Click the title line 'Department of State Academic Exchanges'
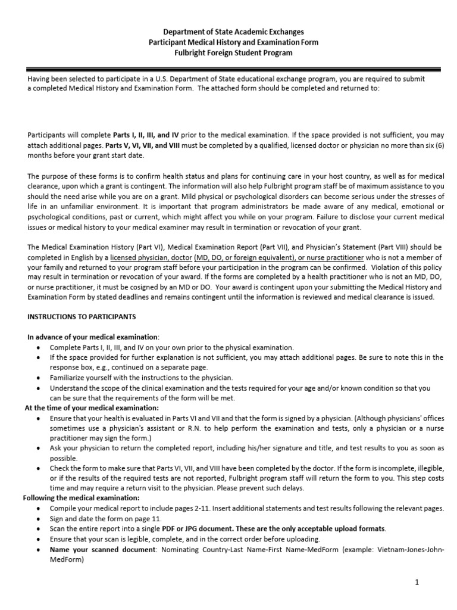pos(228,31)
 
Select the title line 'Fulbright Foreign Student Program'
pos(228,53)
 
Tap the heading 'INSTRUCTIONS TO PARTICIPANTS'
pos(82,316)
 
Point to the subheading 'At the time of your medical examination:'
pos(91,408)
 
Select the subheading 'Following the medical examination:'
pos(81,497)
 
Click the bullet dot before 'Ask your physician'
pos(39,449)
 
